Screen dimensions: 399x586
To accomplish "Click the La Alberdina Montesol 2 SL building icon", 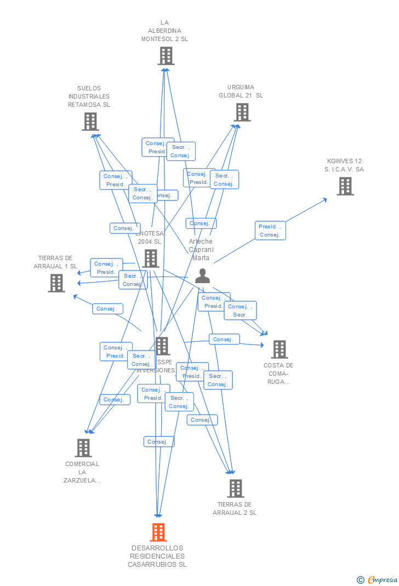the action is [x=166, y=56].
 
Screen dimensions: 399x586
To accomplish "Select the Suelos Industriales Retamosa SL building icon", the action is [x=90, y=122].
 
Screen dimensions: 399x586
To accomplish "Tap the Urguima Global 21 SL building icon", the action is [x=242, y=112].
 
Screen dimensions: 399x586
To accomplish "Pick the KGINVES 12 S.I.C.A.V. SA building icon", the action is [x=345, y=186].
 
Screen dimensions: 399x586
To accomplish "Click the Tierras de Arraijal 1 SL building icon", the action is [x=56, y=283].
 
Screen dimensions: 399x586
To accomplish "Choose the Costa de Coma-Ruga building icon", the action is [x=279, y=349].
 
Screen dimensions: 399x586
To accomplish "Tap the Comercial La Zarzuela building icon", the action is [x=83, y=448].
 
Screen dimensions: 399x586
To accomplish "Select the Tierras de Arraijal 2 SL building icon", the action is [x=235, y=488].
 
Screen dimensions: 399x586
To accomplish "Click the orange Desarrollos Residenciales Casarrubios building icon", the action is [x=158, y=532].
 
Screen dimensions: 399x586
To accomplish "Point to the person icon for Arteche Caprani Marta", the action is [x=202, y=276].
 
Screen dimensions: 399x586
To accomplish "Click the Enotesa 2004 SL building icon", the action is [x=150, y=258].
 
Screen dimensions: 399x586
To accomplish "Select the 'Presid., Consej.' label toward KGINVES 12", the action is [x=270, y=231].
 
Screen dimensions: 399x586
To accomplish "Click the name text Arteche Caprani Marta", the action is [x=201, y=250].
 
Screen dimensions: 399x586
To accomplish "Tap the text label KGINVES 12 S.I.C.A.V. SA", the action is [x=344, y=165].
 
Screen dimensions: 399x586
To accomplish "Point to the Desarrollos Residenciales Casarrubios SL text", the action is [x=157, y=556].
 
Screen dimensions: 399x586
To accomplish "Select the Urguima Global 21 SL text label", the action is [x=241, y=91].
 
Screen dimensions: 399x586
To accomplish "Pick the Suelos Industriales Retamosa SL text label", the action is [x=89, y=96].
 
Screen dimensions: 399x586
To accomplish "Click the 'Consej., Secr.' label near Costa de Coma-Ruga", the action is [x=240, y=311].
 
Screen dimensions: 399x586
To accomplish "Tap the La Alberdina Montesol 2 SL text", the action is [x=164, y=31].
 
